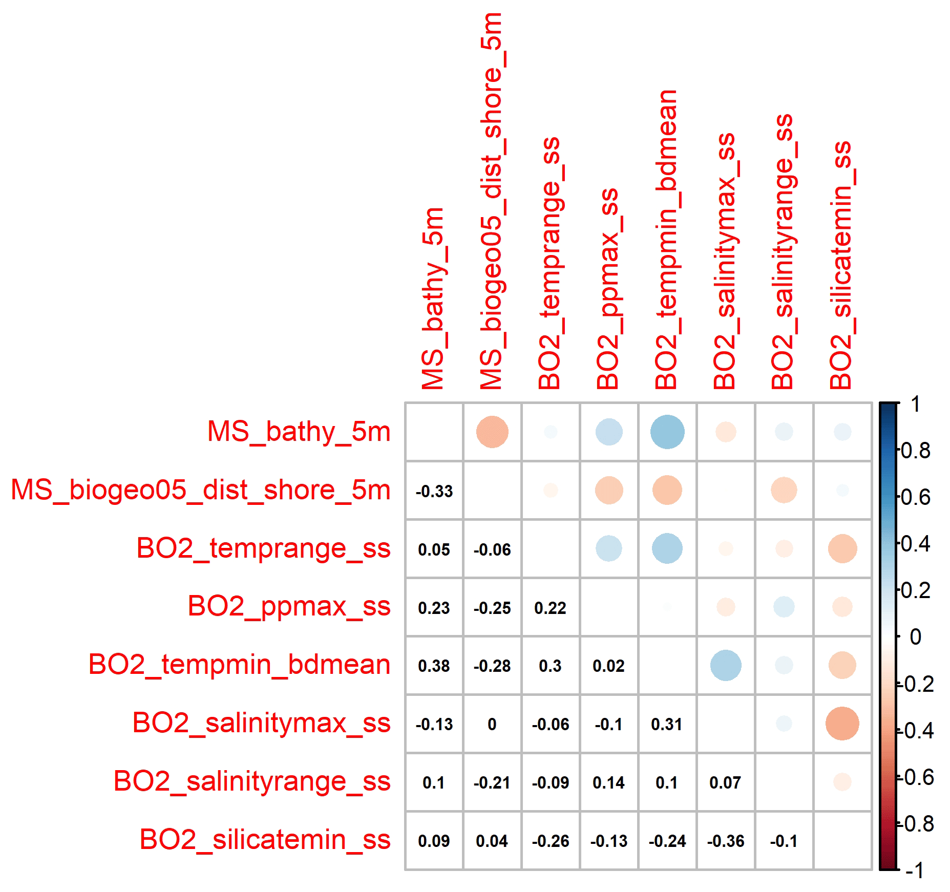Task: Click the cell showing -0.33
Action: (x=434, y=492)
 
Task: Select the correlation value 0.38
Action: (x=434, y=666)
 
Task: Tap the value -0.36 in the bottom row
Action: (x=725, y=841)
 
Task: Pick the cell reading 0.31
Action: (x=667, y=725)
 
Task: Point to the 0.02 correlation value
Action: (x=608, y=666)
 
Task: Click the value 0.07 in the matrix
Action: (x=725, y=783)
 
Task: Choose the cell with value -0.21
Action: (x=492, y=783)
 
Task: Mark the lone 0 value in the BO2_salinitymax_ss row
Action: (x=492, y=725)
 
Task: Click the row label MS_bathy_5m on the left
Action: (x=299, y=432)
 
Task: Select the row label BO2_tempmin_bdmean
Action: (x=239, y=665)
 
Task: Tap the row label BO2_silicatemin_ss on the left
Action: (x=265, y=840)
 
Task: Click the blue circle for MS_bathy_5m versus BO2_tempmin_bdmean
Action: (x=667, y=432)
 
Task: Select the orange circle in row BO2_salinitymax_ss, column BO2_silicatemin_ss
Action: (x=842, y=724)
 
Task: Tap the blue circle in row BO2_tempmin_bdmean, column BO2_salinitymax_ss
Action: (x=725, y=666)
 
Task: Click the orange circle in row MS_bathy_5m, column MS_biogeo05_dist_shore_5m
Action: (x=492, y=432)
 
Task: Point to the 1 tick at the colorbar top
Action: (x=915, y=405)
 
